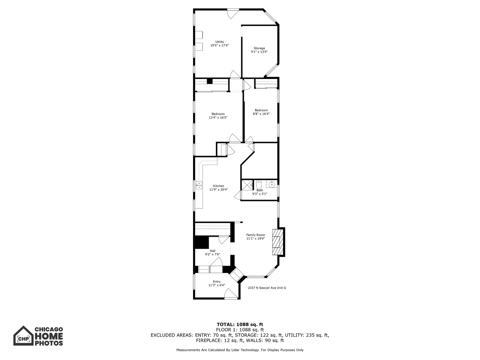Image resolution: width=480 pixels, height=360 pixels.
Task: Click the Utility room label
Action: [x=220, y=42]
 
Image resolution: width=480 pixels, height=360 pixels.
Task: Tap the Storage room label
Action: [x=259, y=48]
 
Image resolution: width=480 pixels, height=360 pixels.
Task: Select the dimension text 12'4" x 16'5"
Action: [x=218, y=117]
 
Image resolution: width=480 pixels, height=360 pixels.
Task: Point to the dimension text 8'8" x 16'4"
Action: [x=261, y=114]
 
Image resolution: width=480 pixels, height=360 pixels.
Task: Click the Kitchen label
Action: [x=218, y=186]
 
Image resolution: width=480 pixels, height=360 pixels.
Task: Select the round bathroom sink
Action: [x=272, y=184]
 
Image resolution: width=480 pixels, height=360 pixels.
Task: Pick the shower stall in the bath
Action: [x=247, y=185]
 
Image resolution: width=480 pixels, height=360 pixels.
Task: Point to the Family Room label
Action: [x=255, y=235]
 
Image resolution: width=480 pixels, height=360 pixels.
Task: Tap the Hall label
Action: [x=212, y=251]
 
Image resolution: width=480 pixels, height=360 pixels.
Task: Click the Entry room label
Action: [x=216, y=282]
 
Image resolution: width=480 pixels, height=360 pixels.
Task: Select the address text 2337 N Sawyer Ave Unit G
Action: [x=267, y=288]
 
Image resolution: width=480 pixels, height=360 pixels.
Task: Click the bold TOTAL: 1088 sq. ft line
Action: [x=240, y=324]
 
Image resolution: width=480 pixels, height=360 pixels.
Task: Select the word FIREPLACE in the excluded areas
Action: [x=209, y=340]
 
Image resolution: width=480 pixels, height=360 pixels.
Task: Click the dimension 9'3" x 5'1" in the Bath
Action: [x=260, y=194]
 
